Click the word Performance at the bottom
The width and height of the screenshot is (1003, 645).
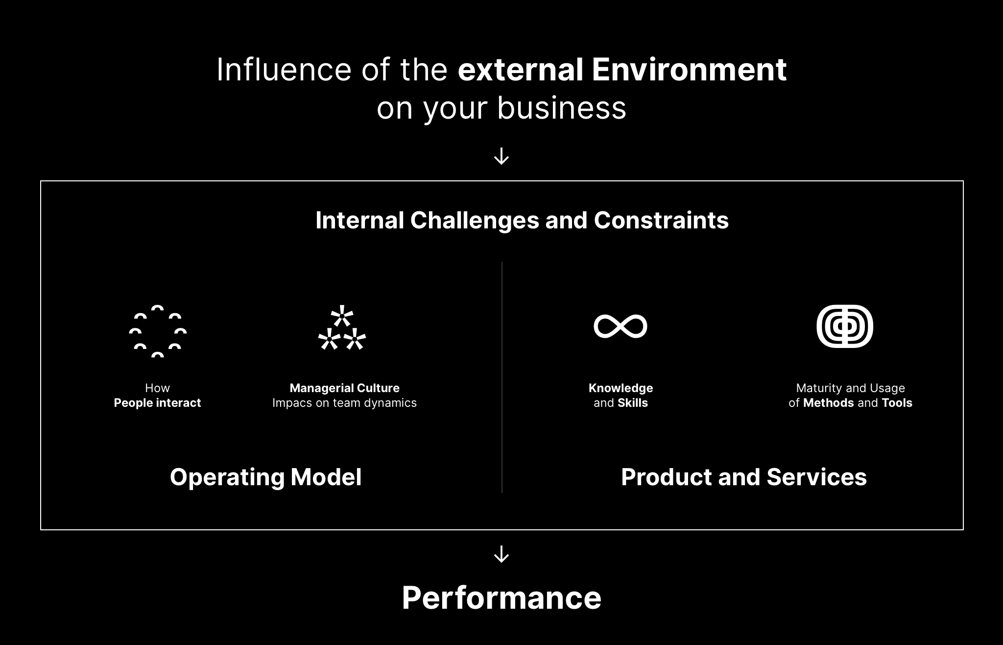click(x=501, y=598)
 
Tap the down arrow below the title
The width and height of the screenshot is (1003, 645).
click(x=501, y=157)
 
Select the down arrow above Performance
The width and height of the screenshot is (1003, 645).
click(x=501, y=554)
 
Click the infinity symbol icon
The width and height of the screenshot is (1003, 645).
click(x=621, y=326)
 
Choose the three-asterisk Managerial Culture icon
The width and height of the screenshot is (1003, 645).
click(x=342, y=328)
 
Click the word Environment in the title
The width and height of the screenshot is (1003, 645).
click(x=689, y=70)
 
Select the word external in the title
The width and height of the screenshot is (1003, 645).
click(x=520, y=70)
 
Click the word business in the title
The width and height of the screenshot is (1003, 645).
click(x=562, y=108)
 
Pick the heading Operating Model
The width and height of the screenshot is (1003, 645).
click(x=266, y=477)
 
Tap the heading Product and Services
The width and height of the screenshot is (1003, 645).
click(x=744, y=477)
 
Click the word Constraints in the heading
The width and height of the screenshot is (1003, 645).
click(x=661, y=221)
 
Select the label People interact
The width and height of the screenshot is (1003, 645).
click(x=157, y=403)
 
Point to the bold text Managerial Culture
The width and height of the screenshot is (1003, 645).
click(x=345, y=388)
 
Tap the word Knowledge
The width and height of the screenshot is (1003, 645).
click(x=621, y=388)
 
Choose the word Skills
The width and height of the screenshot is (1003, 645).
click(x=633, y=403)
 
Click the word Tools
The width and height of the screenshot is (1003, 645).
click(x=897, y=403)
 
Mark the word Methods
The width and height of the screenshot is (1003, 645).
click(x=829, y=403)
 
